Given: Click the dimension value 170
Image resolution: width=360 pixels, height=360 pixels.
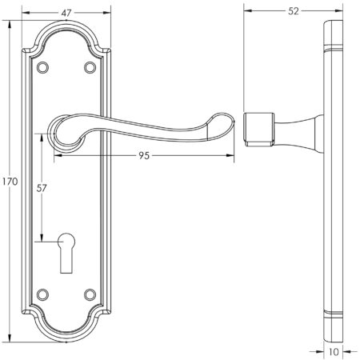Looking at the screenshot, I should pos(10,182).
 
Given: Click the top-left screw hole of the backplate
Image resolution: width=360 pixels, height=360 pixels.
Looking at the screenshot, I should pos(43,67).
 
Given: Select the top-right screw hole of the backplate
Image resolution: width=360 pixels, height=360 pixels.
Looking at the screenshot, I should pos(88,67).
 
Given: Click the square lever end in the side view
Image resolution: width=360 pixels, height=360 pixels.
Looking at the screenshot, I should pos(256,130).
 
